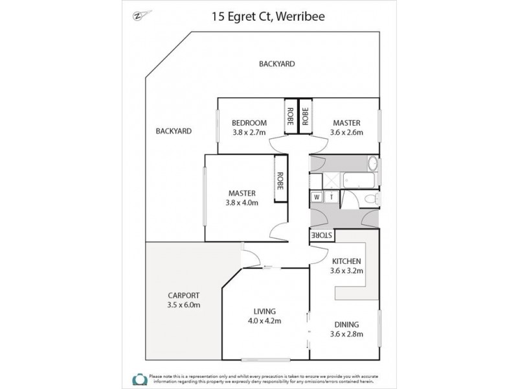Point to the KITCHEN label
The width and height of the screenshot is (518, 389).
point(346,261)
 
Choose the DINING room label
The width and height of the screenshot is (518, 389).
point(346,324)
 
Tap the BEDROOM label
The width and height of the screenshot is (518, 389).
point(249,123)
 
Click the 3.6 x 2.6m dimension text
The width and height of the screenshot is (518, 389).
point(346,132)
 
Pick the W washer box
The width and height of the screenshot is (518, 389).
point(317,197)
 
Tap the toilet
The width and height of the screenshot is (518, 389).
point(372,198)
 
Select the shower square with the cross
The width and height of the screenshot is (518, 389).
point(330,180)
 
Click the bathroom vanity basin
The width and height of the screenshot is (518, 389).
point(374,163)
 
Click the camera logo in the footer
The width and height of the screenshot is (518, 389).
point(139,378)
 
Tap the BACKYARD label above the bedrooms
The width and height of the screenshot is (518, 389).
point(276,64)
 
